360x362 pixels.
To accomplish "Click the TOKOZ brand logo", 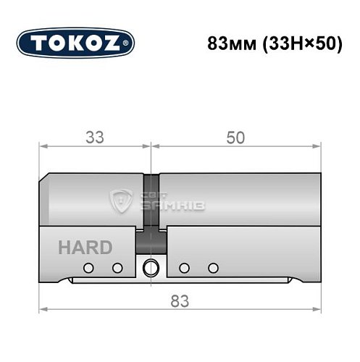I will [75, 43].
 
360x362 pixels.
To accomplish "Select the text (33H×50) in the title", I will [294, 43].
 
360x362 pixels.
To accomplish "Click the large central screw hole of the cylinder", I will [151, 266].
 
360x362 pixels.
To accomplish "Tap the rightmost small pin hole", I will [212, 268].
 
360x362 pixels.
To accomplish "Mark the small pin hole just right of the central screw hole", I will [184, 268].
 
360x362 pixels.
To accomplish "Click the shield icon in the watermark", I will [120, 202].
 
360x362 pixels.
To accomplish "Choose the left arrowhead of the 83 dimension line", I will [42, 310].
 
